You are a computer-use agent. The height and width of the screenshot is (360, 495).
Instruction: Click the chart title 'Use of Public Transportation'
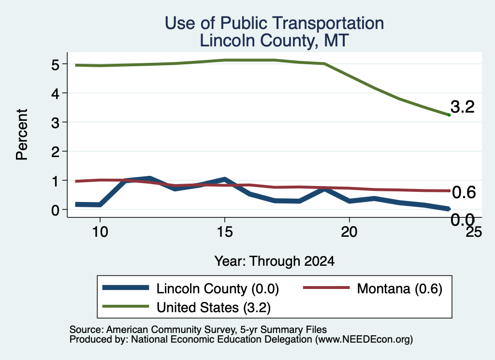(275, 23)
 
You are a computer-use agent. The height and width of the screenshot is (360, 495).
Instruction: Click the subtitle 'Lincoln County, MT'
(275, 41)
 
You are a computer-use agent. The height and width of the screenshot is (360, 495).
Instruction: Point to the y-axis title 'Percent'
(22, 135)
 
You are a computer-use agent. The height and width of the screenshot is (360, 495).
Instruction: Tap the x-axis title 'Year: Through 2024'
(275, 261)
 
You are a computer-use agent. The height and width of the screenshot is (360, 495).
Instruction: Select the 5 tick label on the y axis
(55, 65)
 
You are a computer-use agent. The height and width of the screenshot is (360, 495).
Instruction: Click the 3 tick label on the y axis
(55, 123)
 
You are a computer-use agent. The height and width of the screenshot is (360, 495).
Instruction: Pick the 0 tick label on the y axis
(55, 210)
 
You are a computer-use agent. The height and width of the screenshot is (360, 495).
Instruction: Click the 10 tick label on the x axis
(100, 232)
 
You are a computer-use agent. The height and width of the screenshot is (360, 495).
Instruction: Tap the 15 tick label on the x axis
(225, 232)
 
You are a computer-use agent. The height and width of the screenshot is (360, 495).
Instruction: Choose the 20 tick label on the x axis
(349, 232)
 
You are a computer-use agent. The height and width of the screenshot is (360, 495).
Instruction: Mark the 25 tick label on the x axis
(474, 232)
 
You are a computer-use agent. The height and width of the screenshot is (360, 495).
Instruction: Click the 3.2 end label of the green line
(463, 107)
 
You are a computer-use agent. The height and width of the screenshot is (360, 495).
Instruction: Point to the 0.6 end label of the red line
(464, 192)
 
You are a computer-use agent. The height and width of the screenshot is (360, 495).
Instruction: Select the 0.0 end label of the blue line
(463, 219)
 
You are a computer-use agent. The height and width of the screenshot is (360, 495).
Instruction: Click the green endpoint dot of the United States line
(449, 115)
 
